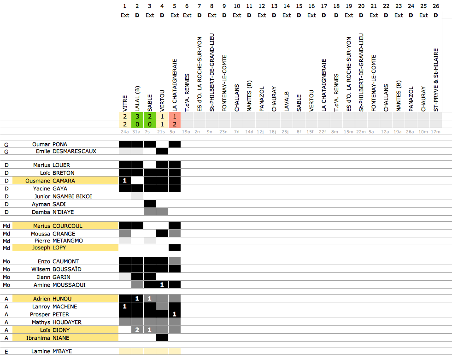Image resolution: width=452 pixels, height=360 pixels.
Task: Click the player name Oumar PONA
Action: pyautogui.click(x=53, y=144)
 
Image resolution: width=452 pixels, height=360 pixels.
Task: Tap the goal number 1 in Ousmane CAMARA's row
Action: pyautogui.click(x=124, y=181)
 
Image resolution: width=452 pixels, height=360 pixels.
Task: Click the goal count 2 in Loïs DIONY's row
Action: pyautogui.click(x=137, y=330)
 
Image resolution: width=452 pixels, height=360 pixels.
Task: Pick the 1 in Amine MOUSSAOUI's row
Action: pyautogui.click(x=162, y=285)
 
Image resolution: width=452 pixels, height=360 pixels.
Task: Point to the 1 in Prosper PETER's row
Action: pyautogui.click(x=174, y=314)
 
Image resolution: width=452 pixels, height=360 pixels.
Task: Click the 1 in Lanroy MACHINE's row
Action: pyautogui.click(x=124, y=307)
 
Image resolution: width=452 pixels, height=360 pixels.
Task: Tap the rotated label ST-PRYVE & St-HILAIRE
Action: pyautogui.click(x=436, y=79)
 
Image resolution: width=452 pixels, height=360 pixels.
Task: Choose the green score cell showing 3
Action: pyautogui.click(x=137, y=117)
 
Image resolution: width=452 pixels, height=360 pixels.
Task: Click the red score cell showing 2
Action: pyautogui.click(x=174, y=124)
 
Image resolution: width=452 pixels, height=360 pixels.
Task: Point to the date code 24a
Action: pyautogui.click(x=124, y=132)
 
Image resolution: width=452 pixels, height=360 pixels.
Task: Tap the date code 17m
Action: pyautogui.click(x=436, y=132)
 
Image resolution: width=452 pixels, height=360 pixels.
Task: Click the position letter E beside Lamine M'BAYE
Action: pyautogui.click(x=6, y=352)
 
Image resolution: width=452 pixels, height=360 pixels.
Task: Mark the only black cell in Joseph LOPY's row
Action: pyautogui.click(x=174, y=248)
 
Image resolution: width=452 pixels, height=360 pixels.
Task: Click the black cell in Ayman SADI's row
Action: pyautogui.click(x=149, y=204)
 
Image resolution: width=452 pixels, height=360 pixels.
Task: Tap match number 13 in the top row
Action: pyautogui.click(x=274, y=6)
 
